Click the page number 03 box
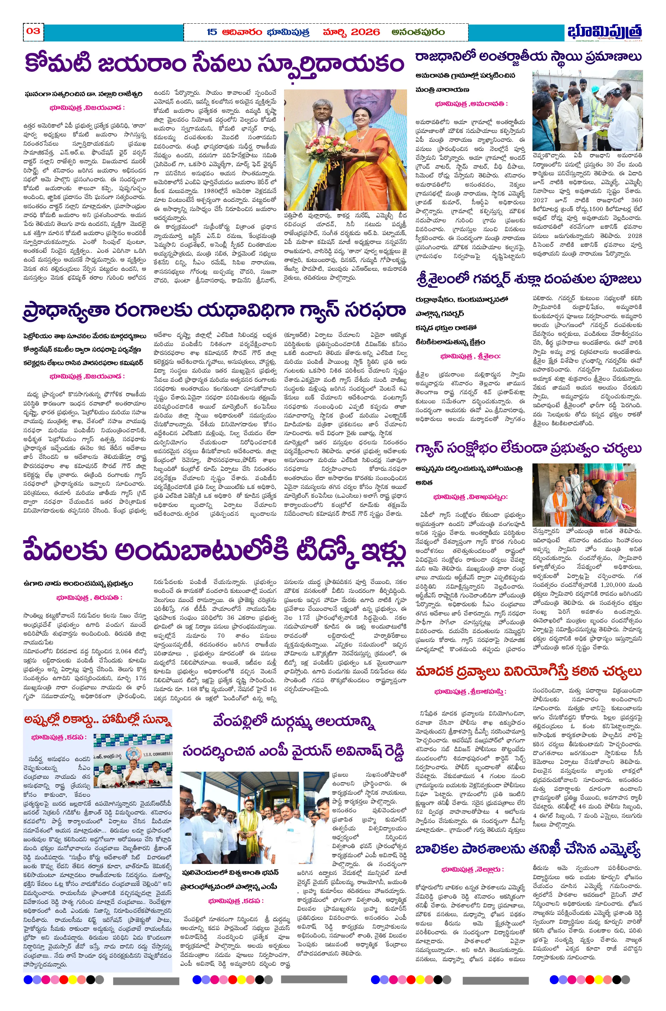coord(33,31)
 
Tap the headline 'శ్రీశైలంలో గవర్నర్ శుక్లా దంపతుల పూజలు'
coord(528,279)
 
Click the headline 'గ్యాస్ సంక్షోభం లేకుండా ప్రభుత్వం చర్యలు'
coord(528,449)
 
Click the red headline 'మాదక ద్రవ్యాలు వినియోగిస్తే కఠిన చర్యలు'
coord(528,671)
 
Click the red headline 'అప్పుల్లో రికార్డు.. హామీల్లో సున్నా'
coord(98,719)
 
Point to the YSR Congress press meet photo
coord(132,760)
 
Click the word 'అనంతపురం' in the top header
coord(418,32)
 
